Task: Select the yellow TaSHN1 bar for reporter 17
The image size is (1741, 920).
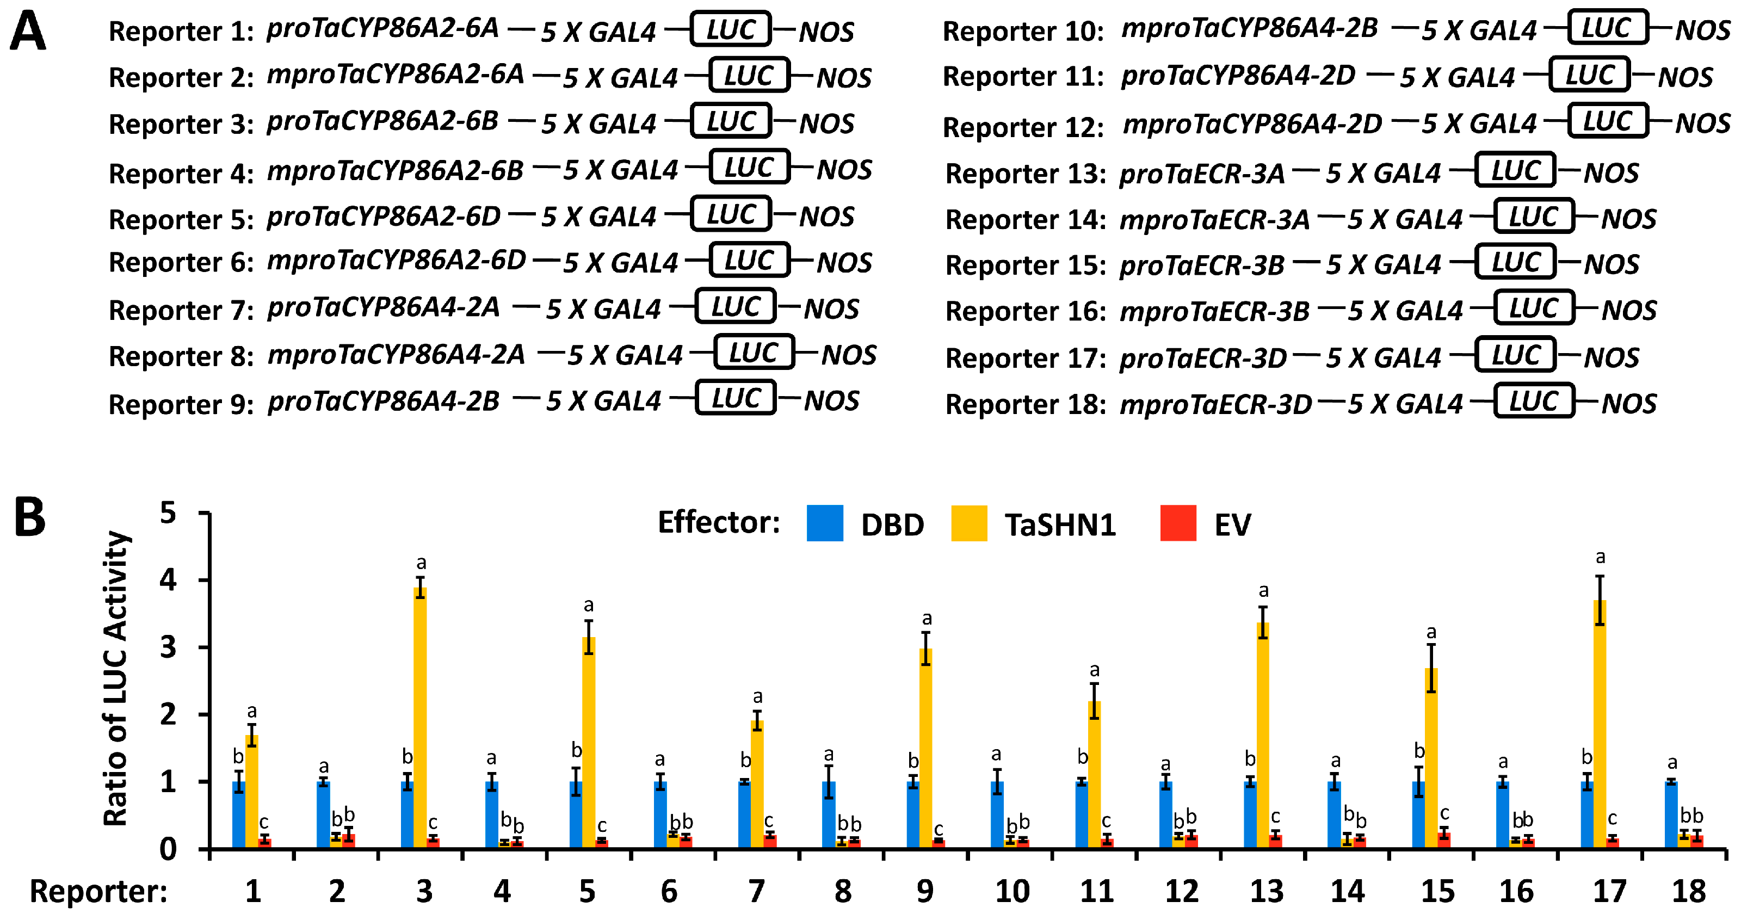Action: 1599,723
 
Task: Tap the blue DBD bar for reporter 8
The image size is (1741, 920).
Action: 829,814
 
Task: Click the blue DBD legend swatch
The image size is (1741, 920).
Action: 825,523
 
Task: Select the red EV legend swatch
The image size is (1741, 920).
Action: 1178,523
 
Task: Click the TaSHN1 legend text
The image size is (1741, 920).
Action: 1060,525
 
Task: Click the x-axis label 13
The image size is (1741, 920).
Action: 1267,892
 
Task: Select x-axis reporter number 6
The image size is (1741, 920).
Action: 669,892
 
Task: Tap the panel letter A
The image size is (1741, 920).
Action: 28,31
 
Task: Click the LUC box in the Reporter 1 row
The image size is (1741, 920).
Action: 731,29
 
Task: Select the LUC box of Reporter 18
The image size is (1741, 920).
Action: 1534,402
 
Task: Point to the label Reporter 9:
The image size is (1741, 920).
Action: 181,404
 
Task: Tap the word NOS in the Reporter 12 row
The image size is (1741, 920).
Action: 1702,124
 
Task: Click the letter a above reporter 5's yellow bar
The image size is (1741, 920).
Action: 589,605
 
